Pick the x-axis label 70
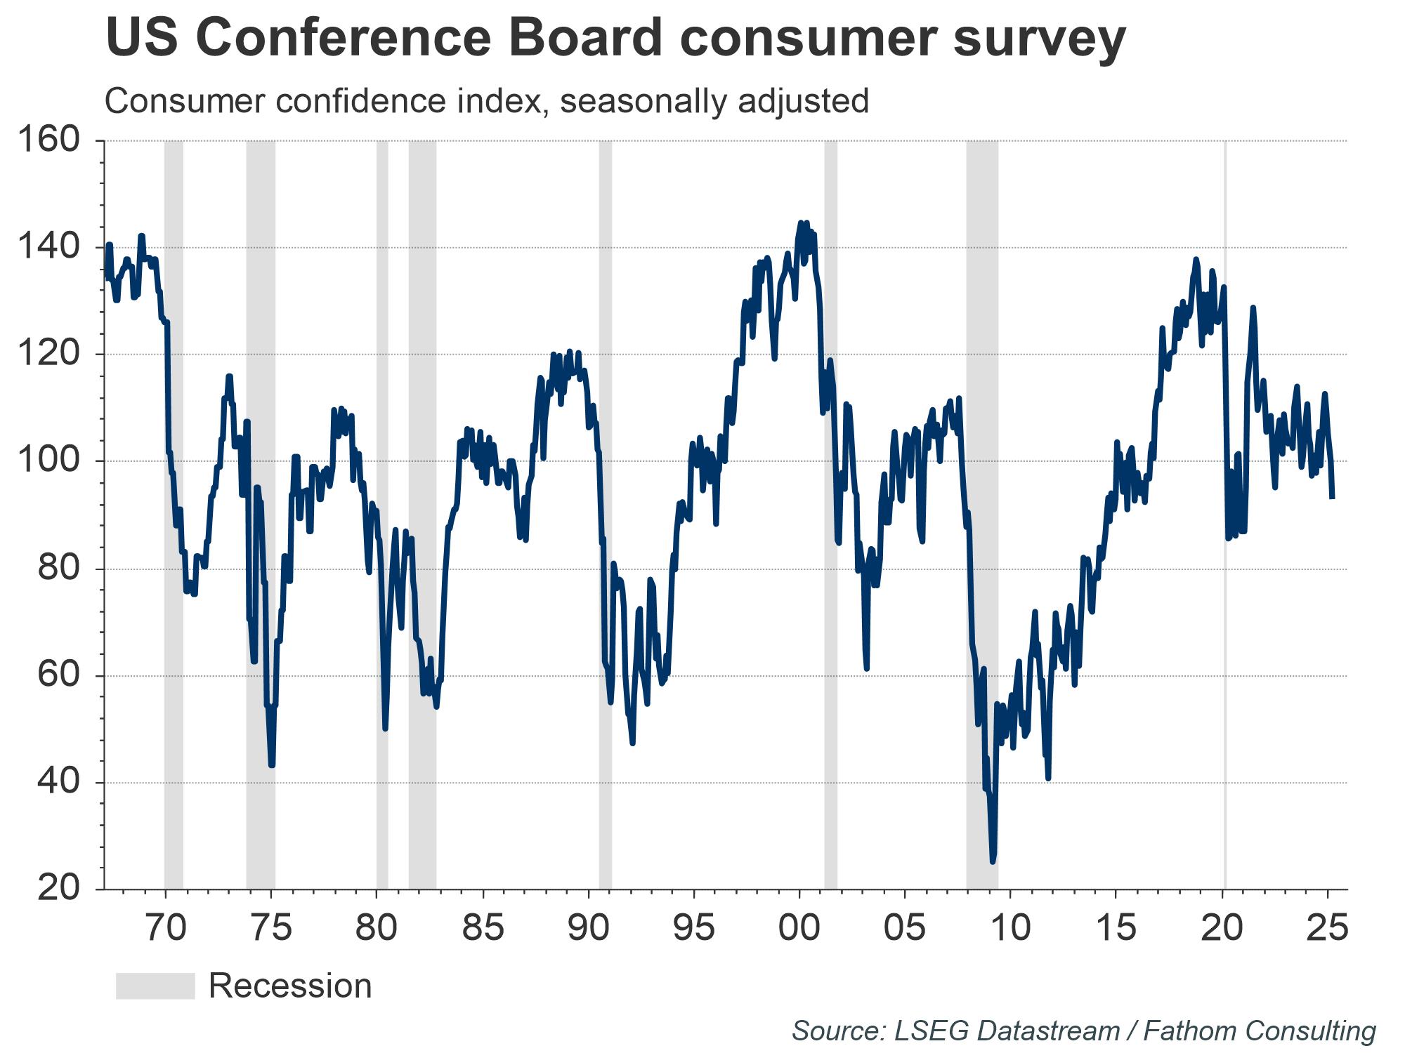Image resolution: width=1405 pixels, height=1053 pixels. [166, 928]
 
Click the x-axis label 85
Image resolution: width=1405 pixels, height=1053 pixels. [483, 928]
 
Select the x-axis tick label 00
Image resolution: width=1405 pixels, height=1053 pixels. [799, 928]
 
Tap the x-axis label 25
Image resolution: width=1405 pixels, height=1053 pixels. [1328, 928]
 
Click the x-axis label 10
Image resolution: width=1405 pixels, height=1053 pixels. [1011, 928]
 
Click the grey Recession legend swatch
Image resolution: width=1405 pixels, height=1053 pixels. [155, 986]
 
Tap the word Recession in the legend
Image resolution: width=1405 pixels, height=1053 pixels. [290, 986]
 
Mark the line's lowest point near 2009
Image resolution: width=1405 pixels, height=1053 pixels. [993, 861]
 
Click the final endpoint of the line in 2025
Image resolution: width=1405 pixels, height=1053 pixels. [1332, 498]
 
